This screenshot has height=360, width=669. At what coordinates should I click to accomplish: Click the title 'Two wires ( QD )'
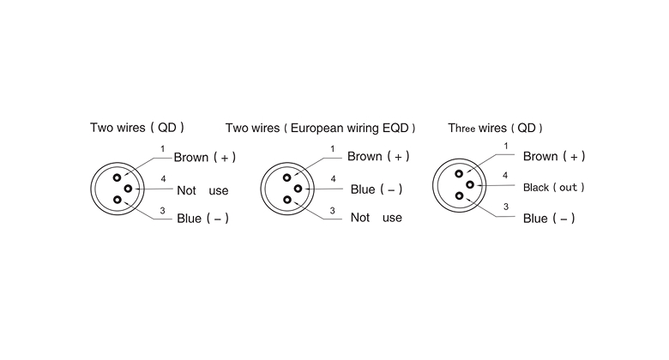pyautogui.click(x=137, y=129)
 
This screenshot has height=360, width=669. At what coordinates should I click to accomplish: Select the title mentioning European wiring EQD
pyautogui.click(x=320, y=129)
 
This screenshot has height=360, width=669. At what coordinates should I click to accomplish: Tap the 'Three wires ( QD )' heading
pyautogui.click(x=495, y=129)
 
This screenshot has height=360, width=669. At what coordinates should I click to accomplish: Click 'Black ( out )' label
pyautogui.click(x=554, y=187)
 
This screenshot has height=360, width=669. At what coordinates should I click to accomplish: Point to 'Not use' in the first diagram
pyautogui.click(x=202, y=190)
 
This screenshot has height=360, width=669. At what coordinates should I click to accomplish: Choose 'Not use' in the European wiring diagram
pyautogui.click(x=376, y=218)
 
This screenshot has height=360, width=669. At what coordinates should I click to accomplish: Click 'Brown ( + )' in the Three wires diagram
pyautogui.click(x=553, y=156)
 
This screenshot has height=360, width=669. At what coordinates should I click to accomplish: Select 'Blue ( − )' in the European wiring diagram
pyautogui.click(x=377, y=189)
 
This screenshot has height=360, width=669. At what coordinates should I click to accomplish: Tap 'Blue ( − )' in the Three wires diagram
pyautogui.click(x=549, y=219)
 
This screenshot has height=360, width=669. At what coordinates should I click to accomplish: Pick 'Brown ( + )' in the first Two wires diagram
pyautogui.click(x=204, y=158)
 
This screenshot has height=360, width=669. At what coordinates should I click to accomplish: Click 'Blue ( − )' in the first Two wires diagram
pyautogui.click(x=202, y=219)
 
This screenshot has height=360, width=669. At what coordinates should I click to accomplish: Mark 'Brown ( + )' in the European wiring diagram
pyautogui.click(x=378, y=156)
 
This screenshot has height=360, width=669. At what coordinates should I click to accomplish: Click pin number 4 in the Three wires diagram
pyautogui.click(x=505, y=176)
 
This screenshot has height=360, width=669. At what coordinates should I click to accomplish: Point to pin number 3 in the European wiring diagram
pyautogui.click(x=332, y=209)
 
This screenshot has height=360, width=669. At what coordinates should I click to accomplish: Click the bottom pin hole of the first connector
pyautogui.click(x=118, y=200)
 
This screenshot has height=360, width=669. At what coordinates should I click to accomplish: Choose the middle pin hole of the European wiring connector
pyautogui.click(x=298, y=188)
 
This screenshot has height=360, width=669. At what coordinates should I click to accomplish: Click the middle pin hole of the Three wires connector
pyautogui.click(x=470, y=184)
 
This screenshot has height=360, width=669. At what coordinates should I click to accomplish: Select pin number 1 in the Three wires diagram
pyautogui.click(x=505, y=147)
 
